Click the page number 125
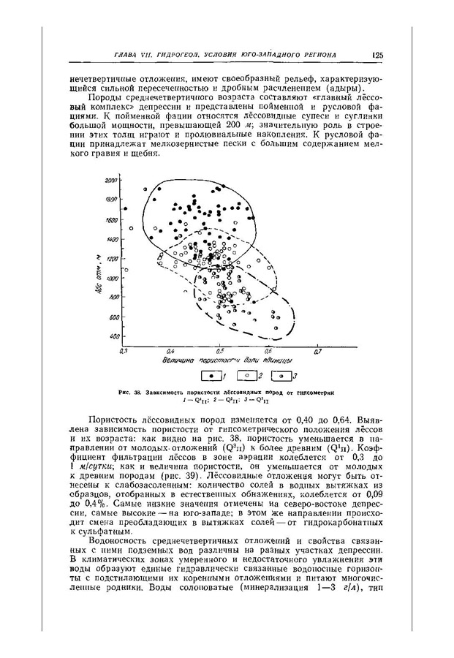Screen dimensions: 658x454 tap(377, 55)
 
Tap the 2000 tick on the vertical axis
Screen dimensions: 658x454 tap(112, 180)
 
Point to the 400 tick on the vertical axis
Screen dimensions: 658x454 tap(114, 336)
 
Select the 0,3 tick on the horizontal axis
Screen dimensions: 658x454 tap(124, 352)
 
